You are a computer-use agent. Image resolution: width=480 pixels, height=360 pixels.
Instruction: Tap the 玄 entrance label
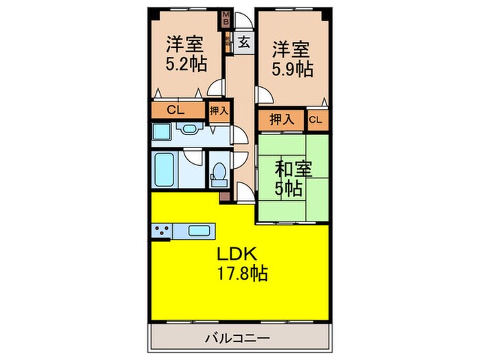[x=243, y=42]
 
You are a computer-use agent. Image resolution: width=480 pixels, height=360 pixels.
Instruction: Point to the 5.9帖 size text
[x=293, y=69]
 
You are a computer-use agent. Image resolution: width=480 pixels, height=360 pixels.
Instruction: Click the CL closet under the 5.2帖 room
[x=176, y=110]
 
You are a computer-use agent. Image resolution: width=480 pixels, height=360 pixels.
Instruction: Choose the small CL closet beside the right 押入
[x=315, y=120]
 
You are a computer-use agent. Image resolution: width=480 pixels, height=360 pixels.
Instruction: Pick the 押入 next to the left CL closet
[x=219, y=110]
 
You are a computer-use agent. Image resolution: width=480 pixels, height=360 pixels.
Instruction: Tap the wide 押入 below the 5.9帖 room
[x=281, y=120]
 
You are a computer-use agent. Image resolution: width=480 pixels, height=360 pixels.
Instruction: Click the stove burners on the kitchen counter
[x=163, y=232]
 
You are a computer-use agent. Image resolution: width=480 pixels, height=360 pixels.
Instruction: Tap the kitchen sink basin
[x=198, y=231]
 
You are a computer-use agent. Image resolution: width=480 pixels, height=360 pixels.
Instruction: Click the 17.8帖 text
[x=239, y=274]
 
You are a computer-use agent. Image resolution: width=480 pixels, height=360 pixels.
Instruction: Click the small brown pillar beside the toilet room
[x=224, y=197]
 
